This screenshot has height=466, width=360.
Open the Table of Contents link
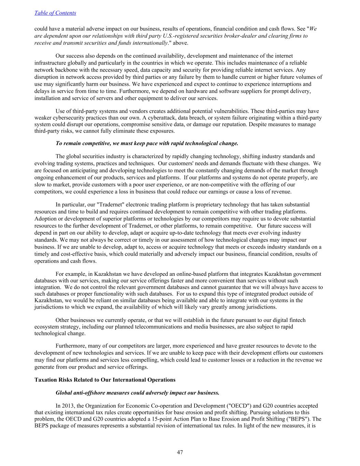tap(55, 13)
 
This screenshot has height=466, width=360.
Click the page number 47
tap(180, 452)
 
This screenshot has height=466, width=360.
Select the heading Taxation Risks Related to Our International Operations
tap(105, 380)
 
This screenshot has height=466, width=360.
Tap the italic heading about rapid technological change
tap(147, 143)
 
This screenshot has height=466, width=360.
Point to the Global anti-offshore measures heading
tap(137, 393)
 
